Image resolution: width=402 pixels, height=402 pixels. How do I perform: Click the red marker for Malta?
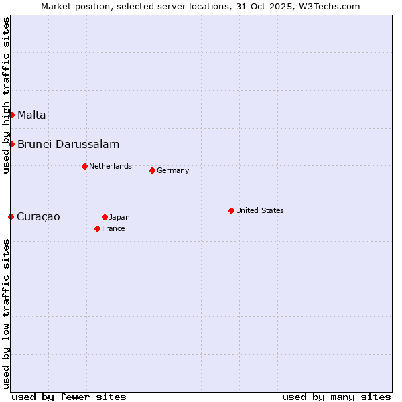[x=11, y=115]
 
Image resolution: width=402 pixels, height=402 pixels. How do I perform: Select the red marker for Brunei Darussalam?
[x=11, y=144]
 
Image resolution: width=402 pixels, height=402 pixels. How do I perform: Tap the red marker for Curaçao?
[x=11, y=216]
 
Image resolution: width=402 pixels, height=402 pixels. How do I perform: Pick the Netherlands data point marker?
[x=84, y=166]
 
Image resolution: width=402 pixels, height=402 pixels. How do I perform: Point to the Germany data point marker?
[x=152, y=170]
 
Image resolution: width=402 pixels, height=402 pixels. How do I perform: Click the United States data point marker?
[x=231, y=210]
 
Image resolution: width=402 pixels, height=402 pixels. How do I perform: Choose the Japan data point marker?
[x=105, y=217]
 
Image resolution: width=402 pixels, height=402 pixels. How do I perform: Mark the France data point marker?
[x=97, y=228]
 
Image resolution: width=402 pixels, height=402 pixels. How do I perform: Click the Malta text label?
[x=31, y=115]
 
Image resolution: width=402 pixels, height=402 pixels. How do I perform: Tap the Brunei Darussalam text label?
[x=68, y=144]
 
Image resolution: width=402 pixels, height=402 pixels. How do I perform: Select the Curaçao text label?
[x=38, y=216]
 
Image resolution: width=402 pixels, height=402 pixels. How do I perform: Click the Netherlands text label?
[x=111, y=166]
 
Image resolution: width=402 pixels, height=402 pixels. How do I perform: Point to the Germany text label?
[x=173, y=170]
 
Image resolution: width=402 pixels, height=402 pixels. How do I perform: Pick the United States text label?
[x=260, y=210]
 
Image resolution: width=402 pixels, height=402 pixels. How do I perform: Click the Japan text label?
[x=119, y=217]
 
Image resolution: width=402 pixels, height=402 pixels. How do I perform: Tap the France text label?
[x=113, y=228]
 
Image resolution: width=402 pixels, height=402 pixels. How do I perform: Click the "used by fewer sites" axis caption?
[x=69, y=397]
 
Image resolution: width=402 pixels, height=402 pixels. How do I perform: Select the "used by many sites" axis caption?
[x=336, y=397]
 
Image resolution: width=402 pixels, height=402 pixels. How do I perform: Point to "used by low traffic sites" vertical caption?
[x=6, y=313]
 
